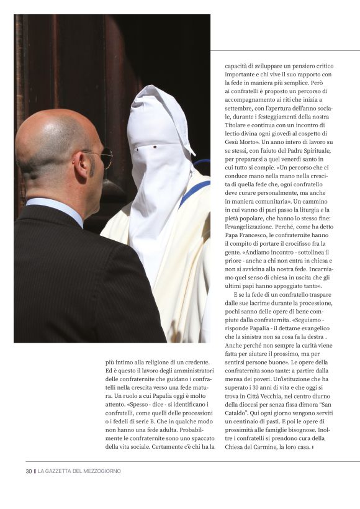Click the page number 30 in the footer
29,471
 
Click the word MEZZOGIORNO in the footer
101,471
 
